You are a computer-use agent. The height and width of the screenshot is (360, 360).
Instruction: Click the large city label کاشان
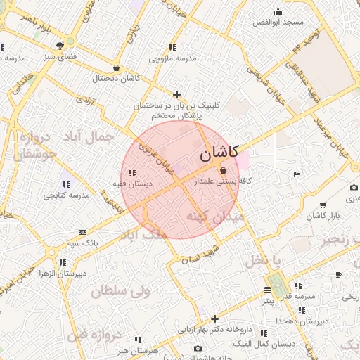219,152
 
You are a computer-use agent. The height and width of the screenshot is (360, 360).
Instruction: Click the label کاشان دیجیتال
116,78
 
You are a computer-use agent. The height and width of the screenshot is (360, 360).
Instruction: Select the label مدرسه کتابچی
67,195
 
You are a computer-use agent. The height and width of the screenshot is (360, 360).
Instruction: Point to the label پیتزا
268,300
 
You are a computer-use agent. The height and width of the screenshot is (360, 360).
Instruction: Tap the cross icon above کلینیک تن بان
176,94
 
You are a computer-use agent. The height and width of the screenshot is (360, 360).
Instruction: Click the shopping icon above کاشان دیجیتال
116,68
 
